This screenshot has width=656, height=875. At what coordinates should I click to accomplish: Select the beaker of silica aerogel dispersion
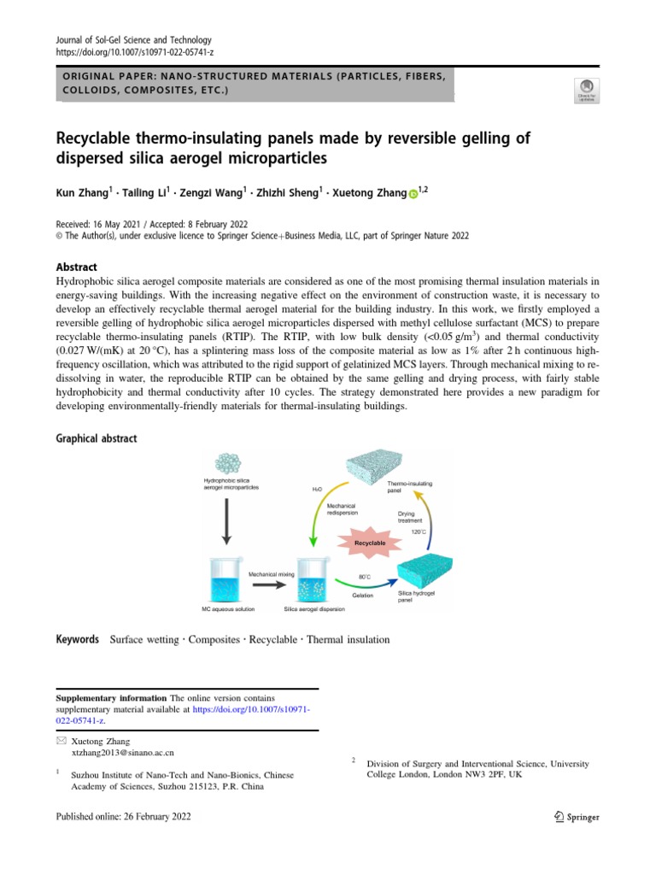tap(315, 580)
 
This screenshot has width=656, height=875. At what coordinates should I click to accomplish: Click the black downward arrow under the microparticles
tap(227, 523)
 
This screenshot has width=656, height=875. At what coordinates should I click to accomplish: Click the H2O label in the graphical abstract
tap(318, 490)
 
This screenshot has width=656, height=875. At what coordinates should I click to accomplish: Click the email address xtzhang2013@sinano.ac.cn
tap(123, 754)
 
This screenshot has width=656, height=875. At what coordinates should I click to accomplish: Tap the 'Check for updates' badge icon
tap(589, 89)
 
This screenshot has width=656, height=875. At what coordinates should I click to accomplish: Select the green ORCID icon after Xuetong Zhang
tap(414, 195)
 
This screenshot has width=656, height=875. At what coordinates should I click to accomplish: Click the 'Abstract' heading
tap(77, 267)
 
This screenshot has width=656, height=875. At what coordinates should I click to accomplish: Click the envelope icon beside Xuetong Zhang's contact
tap(59, 742)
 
